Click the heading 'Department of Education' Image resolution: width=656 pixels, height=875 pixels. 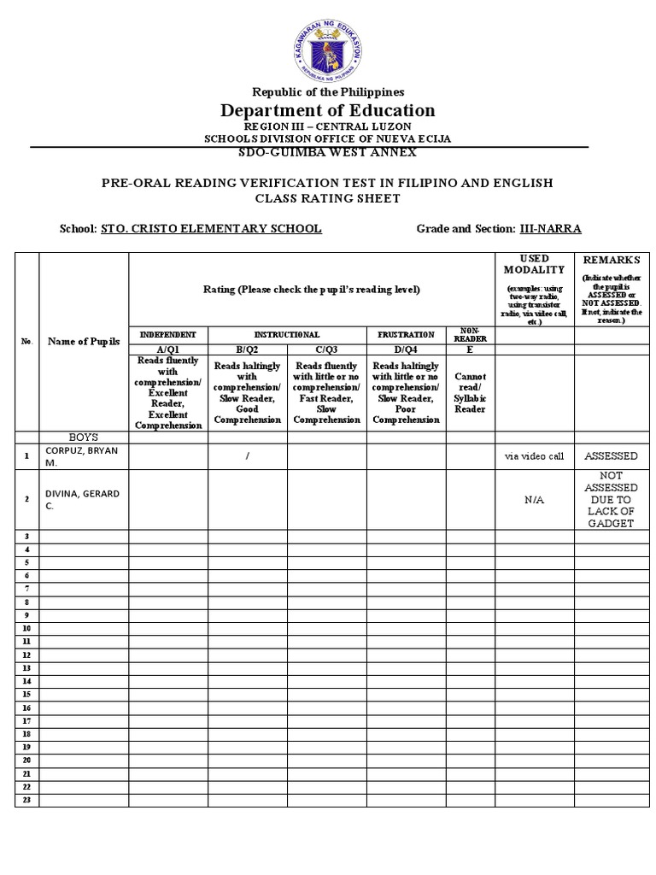pyautogui.click(x=328, y=110)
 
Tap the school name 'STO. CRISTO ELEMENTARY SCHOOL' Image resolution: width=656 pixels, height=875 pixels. pyautogui.click(x=211, y=228)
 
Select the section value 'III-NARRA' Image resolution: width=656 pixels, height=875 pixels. pyautogui.click(x=550, y=228)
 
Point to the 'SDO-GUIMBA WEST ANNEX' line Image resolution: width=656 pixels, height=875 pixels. pyautogui.click(x=329, y=152)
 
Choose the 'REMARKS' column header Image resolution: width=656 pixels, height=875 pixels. pyautogui.click(x=612, y=260)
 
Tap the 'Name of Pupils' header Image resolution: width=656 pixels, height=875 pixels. pyautogui.click(x=83, y=340)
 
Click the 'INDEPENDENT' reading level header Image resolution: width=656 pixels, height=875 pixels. pyautogui.click(x=167, y=334)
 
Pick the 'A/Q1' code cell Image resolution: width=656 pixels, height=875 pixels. pyautogui.click(x=167, y=349)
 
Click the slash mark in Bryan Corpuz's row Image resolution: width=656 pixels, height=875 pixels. pyautogui.click(x=247, y=456)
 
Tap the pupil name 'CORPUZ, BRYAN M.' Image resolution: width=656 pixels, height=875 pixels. pyautogui.click(x=83, y=456)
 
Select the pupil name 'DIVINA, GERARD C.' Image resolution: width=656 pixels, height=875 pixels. pyautogui.click(x=83, y=499)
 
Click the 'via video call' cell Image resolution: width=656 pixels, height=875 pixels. pyautogui.click(x=534, y=456)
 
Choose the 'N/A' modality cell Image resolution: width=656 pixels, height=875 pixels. pyautogui.click(x=534, y=499)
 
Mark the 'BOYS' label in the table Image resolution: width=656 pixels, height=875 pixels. pyautogui.click(x=83, y=437)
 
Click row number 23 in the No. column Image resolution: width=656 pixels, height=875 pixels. pyautogui.click(x=26, y=800)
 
